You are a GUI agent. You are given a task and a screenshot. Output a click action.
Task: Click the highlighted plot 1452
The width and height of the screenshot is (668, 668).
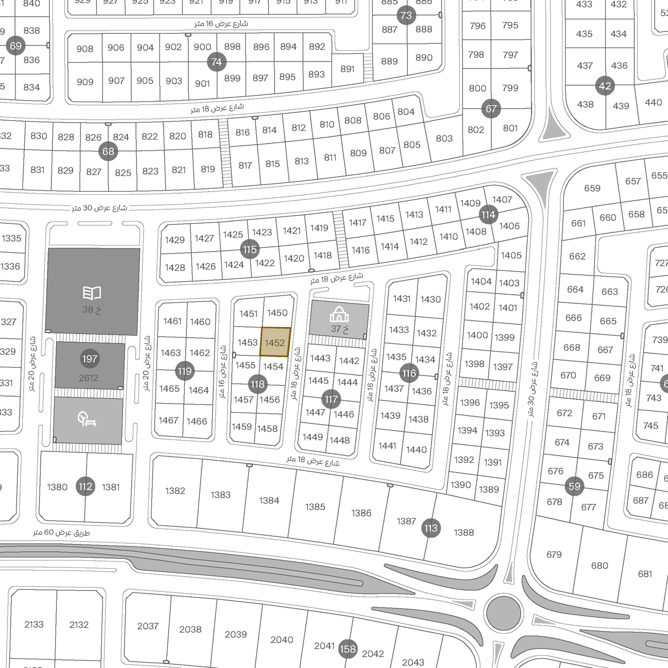(x=275, y=343)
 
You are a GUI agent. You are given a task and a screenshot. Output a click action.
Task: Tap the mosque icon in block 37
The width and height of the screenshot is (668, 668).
(x=339, y=314)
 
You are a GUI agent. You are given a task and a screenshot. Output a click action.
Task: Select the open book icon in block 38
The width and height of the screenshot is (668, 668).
(x=92, y=293)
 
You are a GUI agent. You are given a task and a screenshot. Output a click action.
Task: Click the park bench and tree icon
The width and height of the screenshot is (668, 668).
(x=87, y=419)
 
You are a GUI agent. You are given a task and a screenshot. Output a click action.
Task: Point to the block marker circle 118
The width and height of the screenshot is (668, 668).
(x=257, y=384)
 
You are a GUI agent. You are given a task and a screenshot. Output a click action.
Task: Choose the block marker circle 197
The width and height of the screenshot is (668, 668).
(x=89, y=359)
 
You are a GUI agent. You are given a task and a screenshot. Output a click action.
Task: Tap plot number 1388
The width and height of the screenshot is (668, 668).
(x=464, y=533)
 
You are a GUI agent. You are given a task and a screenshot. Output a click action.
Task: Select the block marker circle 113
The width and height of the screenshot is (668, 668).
(x=431, y=528)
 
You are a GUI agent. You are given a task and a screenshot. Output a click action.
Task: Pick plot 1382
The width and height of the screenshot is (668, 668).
(x=175, y=491)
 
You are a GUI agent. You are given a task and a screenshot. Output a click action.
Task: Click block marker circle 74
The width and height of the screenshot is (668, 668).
(x=216, y=62)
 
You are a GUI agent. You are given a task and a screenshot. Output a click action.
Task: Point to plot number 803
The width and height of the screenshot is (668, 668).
(x=444, y=138)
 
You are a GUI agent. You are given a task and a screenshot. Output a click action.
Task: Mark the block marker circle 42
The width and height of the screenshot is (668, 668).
(x=605, y=86)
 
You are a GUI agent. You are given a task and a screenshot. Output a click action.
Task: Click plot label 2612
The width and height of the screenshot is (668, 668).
(x=89, y=378)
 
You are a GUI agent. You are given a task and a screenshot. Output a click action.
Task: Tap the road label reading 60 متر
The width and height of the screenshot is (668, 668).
(x=62, y=533)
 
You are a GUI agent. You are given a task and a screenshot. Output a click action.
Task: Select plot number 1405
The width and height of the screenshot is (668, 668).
(x=511, y=255)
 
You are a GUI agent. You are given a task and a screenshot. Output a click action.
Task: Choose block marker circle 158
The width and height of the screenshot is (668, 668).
(x=347, y=649)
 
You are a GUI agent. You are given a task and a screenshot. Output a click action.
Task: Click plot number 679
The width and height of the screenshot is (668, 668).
(x=554, y=555)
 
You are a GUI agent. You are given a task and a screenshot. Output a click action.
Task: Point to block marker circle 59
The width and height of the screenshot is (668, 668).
(x=574, y=487)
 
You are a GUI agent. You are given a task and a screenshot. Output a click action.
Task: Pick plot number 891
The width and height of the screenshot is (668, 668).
(x=347, y=69)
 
